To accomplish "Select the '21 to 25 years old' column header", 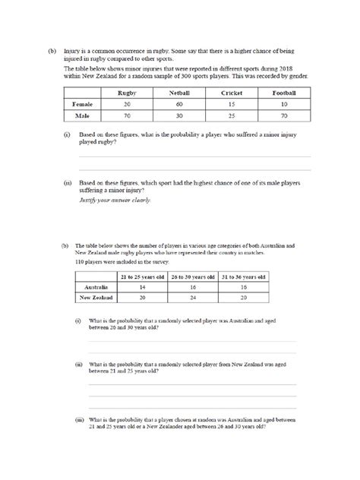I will pyautogui.click(x=144, y=276).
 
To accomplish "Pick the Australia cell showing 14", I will pyautogui.click(x=144, y=288).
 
